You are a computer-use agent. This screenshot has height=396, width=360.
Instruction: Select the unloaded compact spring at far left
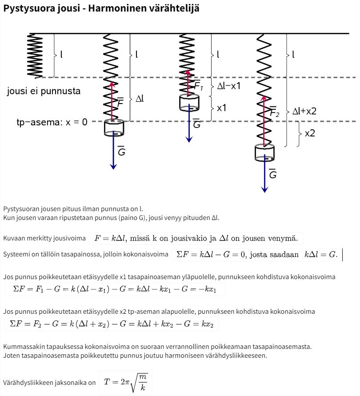tap(35, 56)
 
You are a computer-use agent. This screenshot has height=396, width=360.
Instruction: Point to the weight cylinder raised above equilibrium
tap(189, 103)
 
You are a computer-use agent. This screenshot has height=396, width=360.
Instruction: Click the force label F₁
tap(198, 86)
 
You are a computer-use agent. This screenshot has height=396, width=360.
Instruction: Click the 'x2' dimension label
tap(310, 133)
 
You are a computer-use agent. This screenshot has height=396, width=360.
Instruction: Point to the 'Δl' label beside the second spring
tap(139, 99)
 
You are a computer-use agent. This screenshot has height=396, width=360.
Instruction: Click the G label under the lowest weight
tap(273, 174)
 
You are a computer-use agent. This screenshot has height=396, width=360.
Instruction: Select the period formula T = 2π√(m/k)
tap(126, 382)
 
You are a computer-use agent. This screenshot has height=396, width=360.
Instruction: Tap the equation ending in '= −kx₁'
tap(115, 289)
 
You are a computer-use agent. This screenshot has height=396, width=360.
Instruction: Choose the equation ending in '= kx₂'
tap(112, 324)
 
